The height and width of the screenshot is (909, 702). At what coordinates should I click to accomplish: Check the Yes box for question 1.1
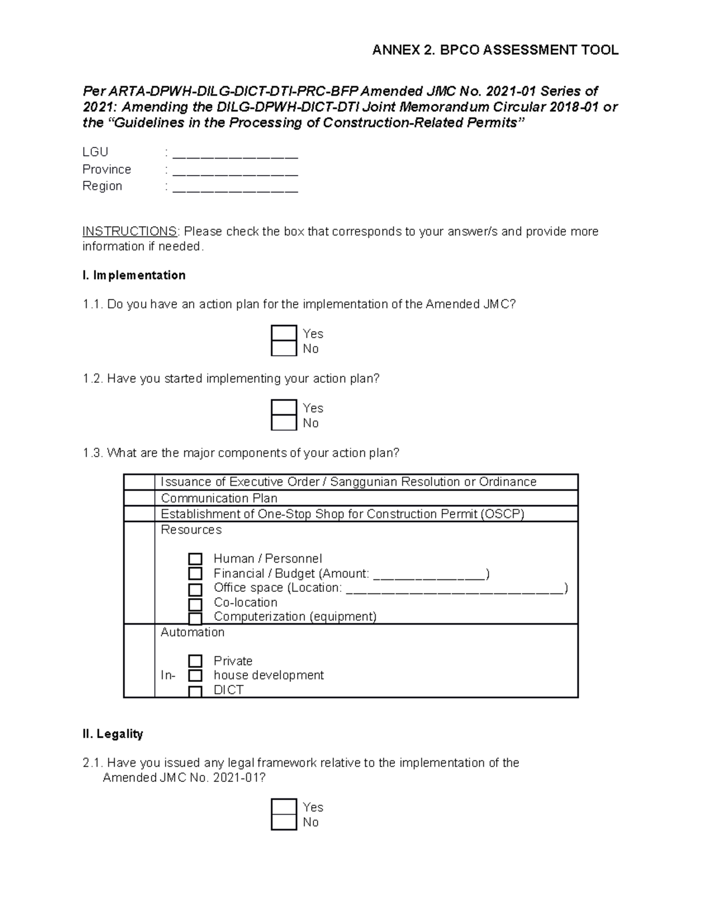[x=284, y=334]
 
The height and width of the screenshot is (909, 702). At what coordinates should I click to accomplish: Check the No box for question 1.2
[x=284, y=423]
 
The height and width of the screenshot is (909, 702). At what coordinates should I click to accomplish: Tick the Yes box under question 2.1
[x=284, y=807]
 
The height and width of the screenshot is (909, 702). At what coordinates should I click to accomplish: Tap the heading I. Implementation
[x=134, y=275]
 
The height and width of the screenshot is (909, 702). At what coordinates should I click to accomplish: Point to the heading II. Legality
[x=113, y=734]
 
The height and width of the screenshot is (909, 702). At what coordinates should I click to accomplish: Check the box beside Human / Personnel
[x=195, y=559]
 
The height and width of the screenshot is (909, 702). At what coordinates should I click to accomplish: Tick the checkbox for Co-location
[x=195, y=604]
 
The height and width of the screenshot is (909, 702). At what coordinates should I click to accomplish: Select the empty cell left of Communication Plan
[x=139, y=498]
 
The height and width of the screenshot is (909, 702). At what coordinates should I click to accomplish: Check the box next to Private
[x=195, y=661]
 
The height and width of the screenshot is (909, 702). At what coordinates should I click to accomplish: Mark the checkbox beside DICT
[x=195, y=691]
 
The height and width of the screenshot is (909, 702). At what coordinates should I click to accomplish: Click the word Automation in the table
[x=192, y=632]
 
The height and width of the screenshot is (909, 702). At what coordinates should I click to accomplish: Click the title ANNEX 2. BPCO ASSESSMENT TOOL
[x=495, y=50]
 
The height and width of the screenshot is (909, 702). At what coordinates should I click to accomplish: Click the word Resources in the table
[x=191, y=530]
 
